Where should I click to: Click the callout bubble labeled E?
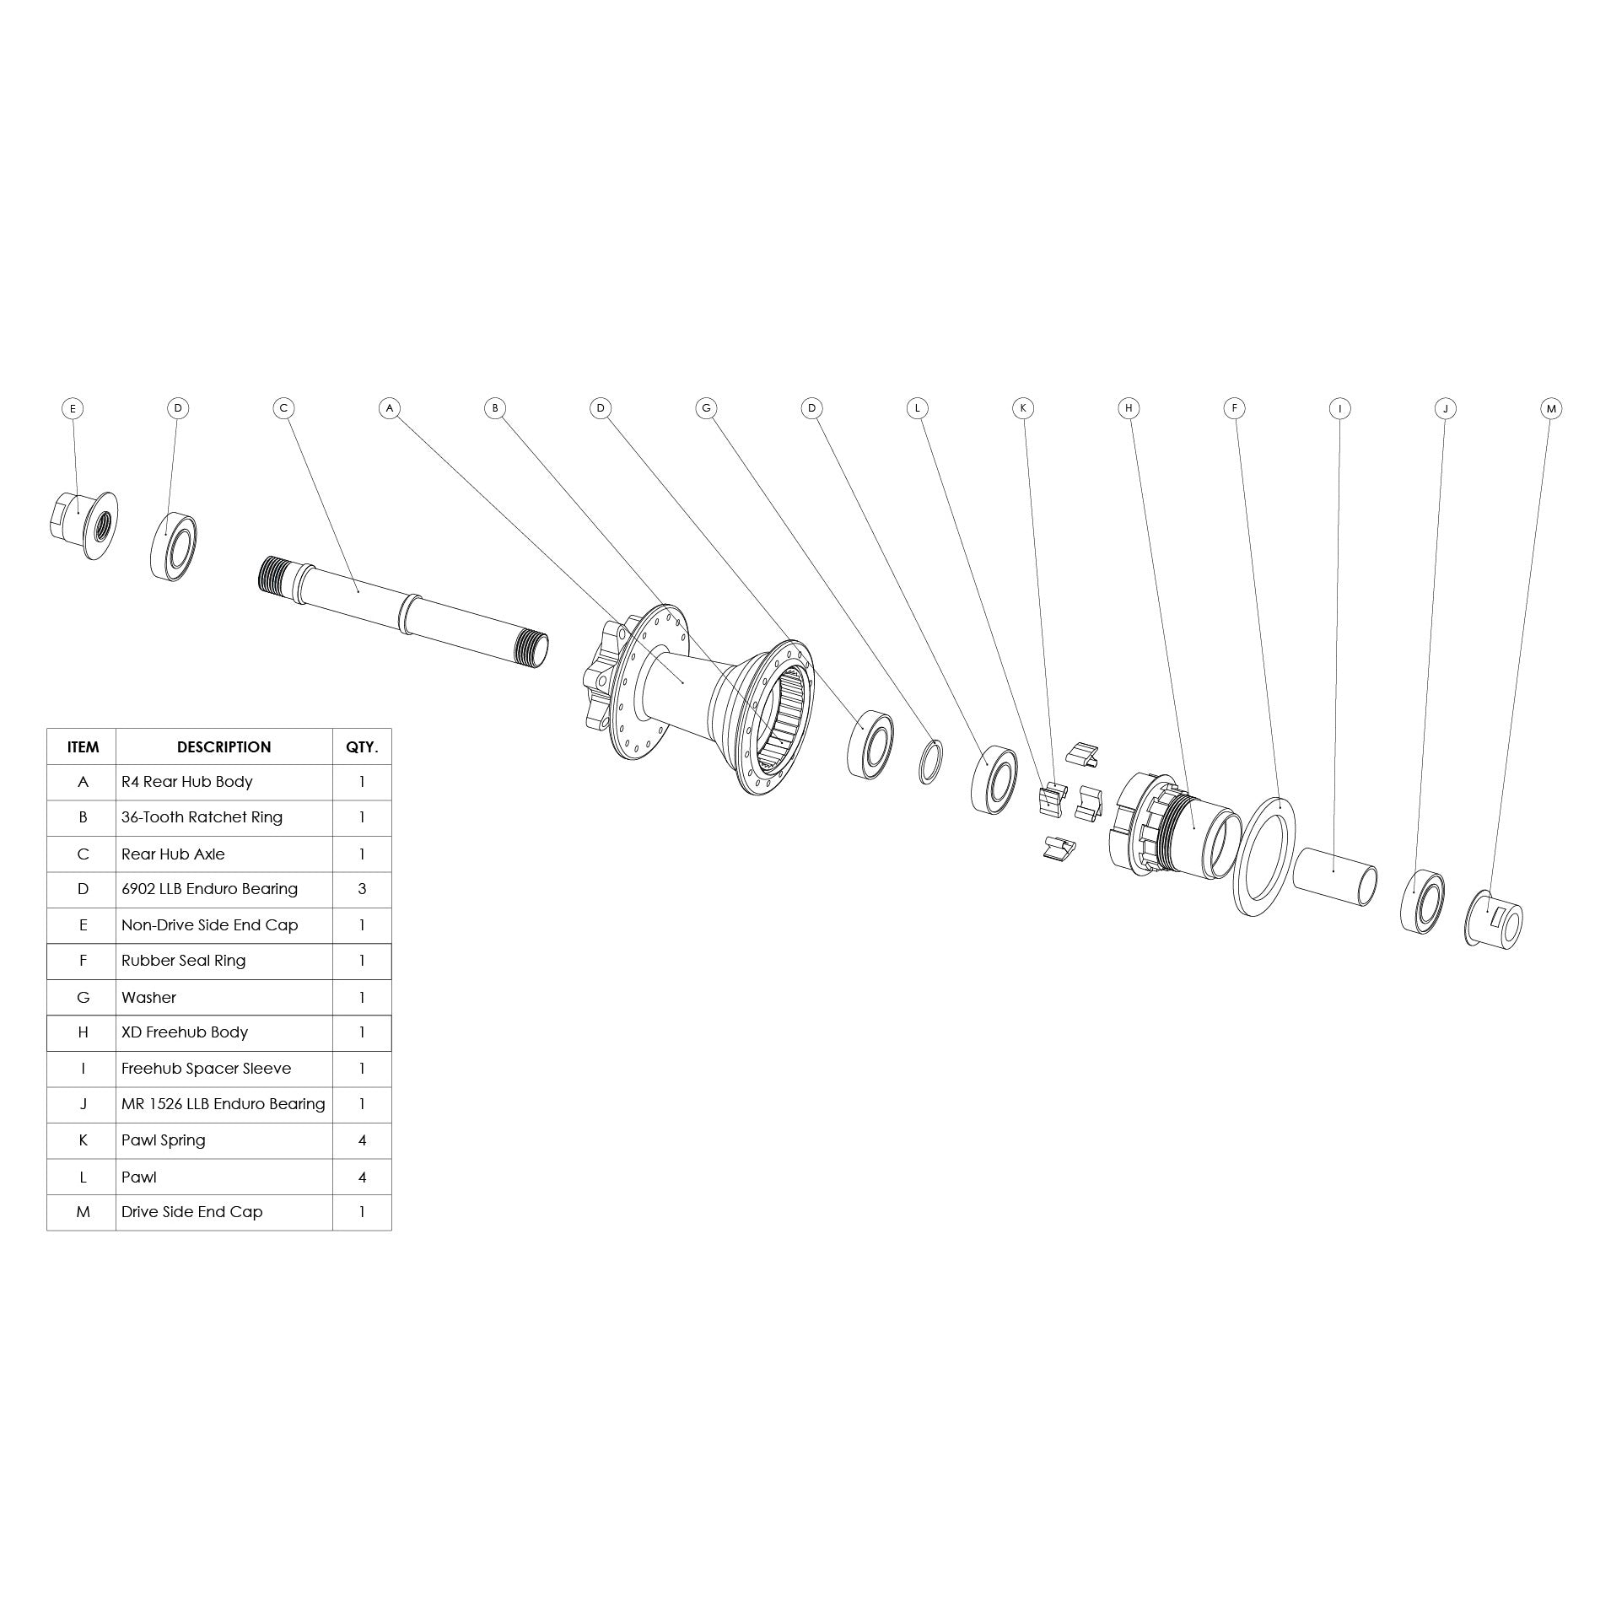click(x=73, y=408)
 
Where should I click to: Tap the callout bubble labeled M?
click(x=1550, y=408)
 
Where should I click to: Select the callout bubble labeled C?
click(x=283, y=408)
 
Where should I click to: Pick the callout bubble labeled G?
click(x=706, y=408)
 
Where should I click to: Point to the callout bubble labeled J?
click(x=1445, y=408)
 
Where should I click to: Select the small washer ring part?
click(x=929, y=762)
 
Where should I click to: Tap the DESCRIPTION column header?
click(x=224, y=746)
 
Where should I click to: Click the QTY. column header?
click(x=362, y=746)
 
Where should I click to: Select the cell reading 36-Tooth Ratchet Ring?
click(x=202, y=817)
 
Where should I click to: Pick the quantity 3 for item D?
click(x=362, y=889)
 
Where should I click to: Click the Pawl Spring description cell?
click(x=164, y=1140)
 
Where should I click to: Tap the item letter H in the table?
click(x=83, y=1032)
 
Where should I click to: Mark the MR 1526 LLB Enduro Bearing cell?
click(x=223, y=1104)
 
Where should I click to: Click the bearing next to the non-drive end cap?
click(x=175, y=544)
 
